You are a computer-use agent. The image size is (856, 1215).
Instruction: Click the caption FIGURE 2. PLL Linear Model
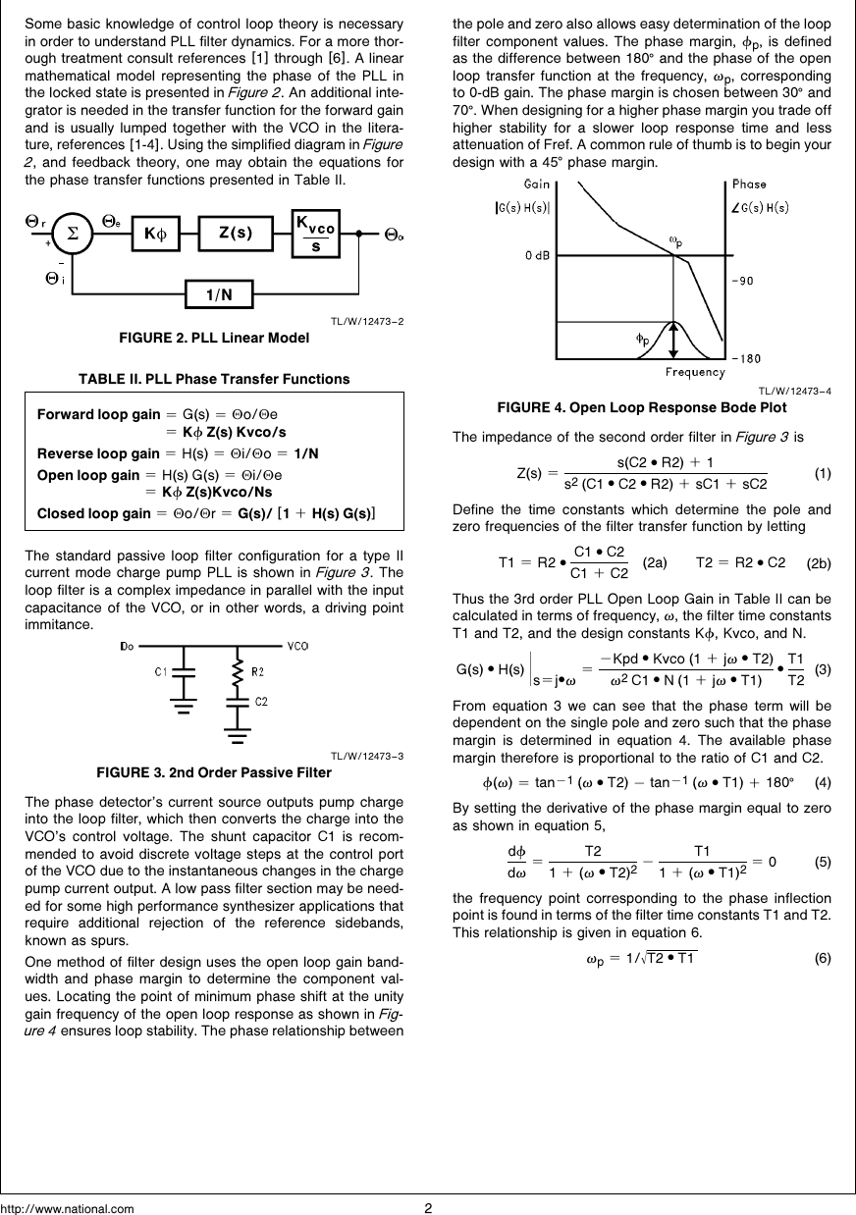[x=213, y=339]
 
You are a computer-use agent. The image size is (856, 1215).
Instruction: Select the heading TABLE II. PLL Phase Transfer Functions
[x=214, y=379]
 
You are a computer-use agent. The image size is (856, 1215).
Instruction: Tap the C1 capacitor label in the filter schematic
[x=160, y=672]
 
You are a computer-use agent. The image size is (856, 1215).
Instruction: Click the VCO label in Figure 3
[x=299, y=646]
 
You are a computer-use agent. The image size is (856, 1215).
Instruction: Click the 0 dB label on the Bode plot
[x=536, y=255]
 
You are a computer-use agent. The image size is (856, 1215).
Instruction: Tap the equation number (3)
[x=824, y=669]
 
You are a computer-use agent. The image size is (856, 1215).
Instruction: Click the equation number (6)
[x=824, y=958]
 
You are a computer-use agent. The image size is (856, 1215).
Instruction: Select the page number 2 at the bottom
[x=428, y=1207]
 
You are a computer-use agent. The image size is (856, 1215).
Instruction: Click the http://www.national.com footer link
[x=68, y=1208]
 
